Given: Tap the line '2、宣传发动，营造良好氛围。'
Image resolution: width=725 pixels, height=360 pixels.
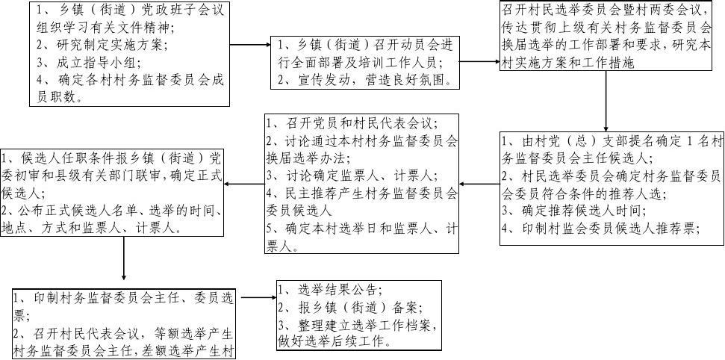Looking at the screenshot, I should (365, 79).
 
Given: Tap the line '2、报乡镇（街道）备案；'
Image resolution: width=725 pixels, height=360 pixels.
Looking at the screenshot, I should (349, 308).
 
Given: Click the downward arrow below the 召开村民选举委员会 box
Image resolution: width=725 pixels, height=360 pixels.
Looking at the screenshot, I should (606, 111).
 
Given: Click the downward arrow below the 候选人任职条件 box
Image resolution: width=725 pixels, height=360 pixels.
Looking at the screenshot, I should (122, 261).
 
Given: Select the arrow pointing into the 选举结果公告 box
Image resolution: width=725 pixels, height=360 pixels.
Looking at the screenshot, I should (255, 298).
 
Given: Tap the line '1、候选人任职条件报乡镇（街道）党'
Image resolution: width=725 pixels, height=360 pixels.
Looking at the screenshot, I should (112, 158).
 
